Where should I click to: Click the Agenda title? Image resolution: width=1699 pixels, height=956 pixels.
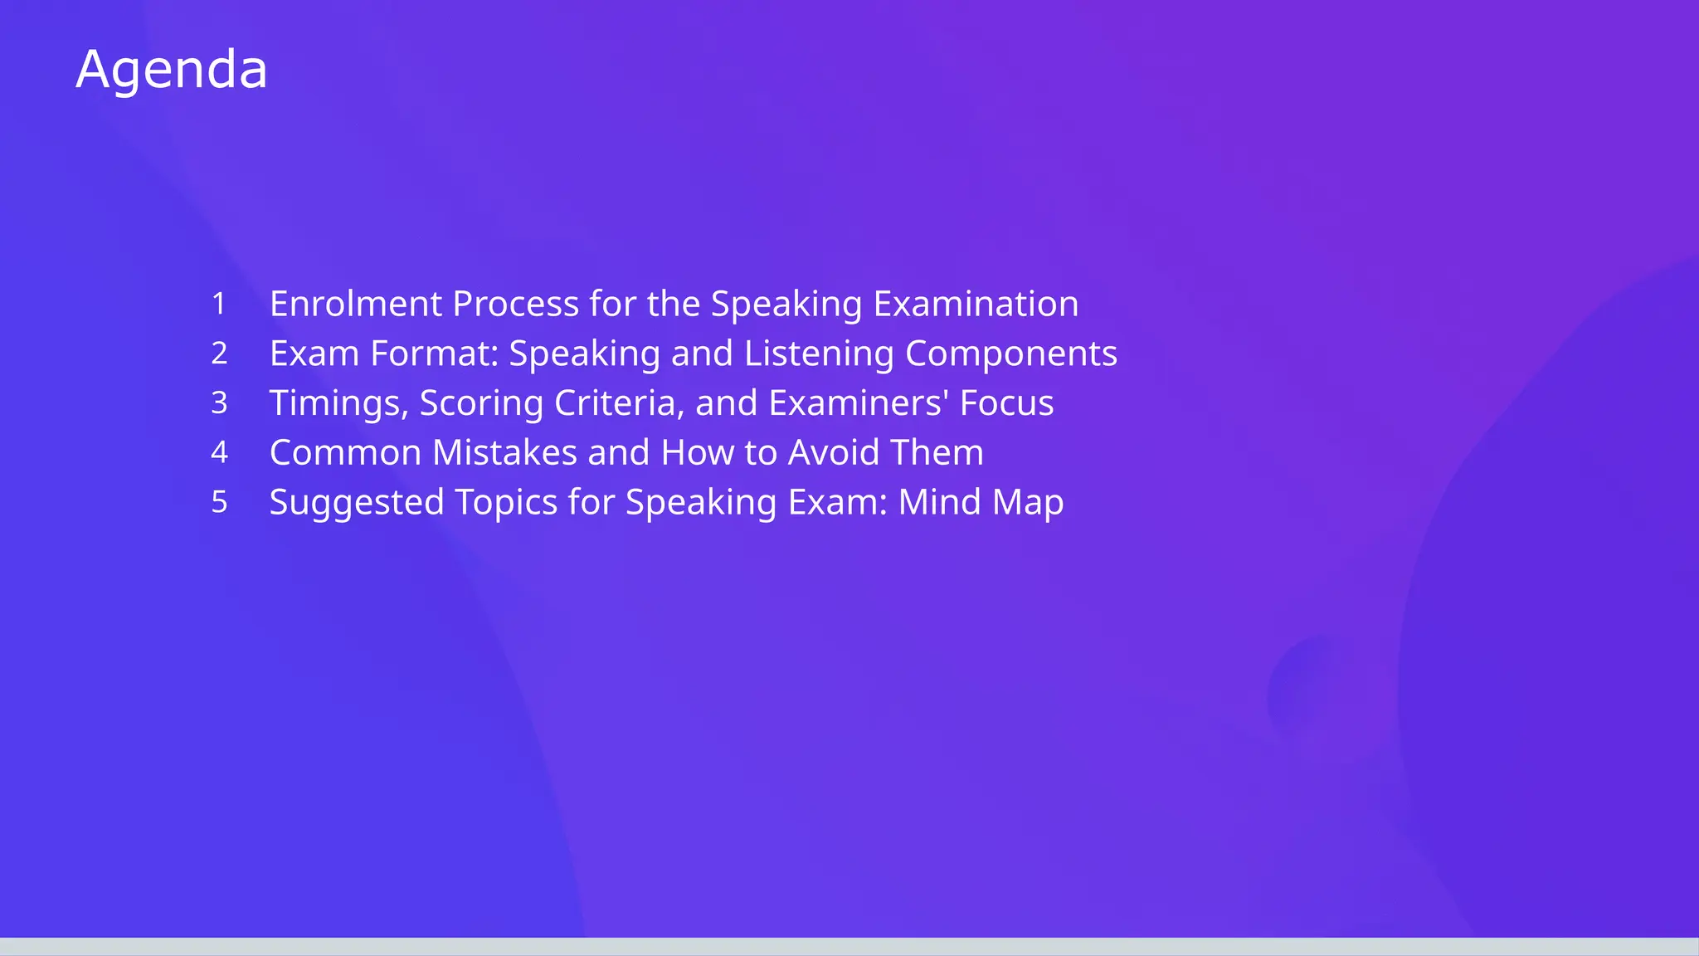[172, 69]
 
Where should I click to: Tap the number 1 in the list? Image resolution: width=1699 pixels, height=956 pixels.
[219, 304]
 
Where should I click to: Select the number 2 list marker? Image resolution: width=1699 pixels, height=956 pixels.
[219, 354]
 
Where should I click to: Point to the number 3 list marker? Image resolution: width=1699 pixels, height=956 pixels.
[219, 403]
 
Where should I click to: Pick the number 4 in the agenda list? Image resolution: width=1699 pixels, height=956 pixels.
[219, 452]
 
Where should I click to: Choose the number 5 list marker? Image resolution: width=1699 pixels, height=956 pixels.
[219, 502]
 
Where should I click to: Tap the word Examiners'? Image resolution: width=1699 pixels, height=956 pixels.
[859, 403]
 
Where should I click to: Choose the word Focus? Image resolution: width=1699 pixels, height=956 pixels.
[1006, 403]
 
